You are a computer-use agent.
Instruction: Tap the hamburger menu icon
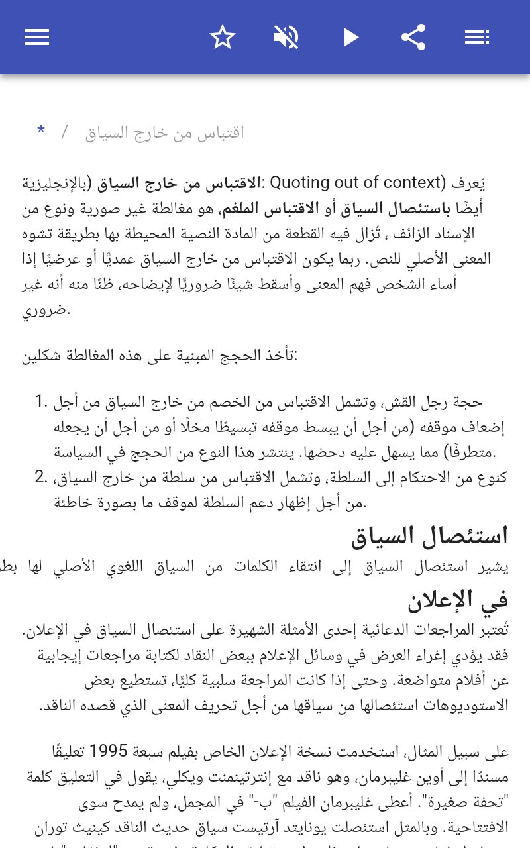tap(37, 37)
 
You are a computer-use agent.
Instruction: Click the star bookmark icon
tap(223, 37)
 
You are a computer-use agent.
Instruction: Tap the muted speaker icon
tap(286, 37)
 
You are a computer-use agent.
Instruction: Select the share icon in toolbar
tap(413, 37)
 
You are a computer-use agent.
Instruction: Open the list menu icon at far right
tap(477, 37)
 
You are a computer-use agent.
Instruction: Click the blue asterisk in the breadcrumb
tap(41, 131)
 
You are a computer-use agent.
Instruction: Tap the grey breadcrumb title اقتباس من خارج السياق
tap(165, 132)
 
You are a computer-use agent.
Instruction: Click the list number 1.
tap(42, 401)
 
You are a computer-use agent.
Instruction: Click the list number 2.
tap(42, 477)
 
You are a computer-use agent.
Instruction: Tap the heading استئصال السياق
tap(430, 535)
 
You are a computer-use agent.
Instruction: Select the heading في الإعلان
tap(458, 599)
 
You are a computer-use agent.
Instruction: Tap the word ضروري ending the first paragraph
tap(46, 309)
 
